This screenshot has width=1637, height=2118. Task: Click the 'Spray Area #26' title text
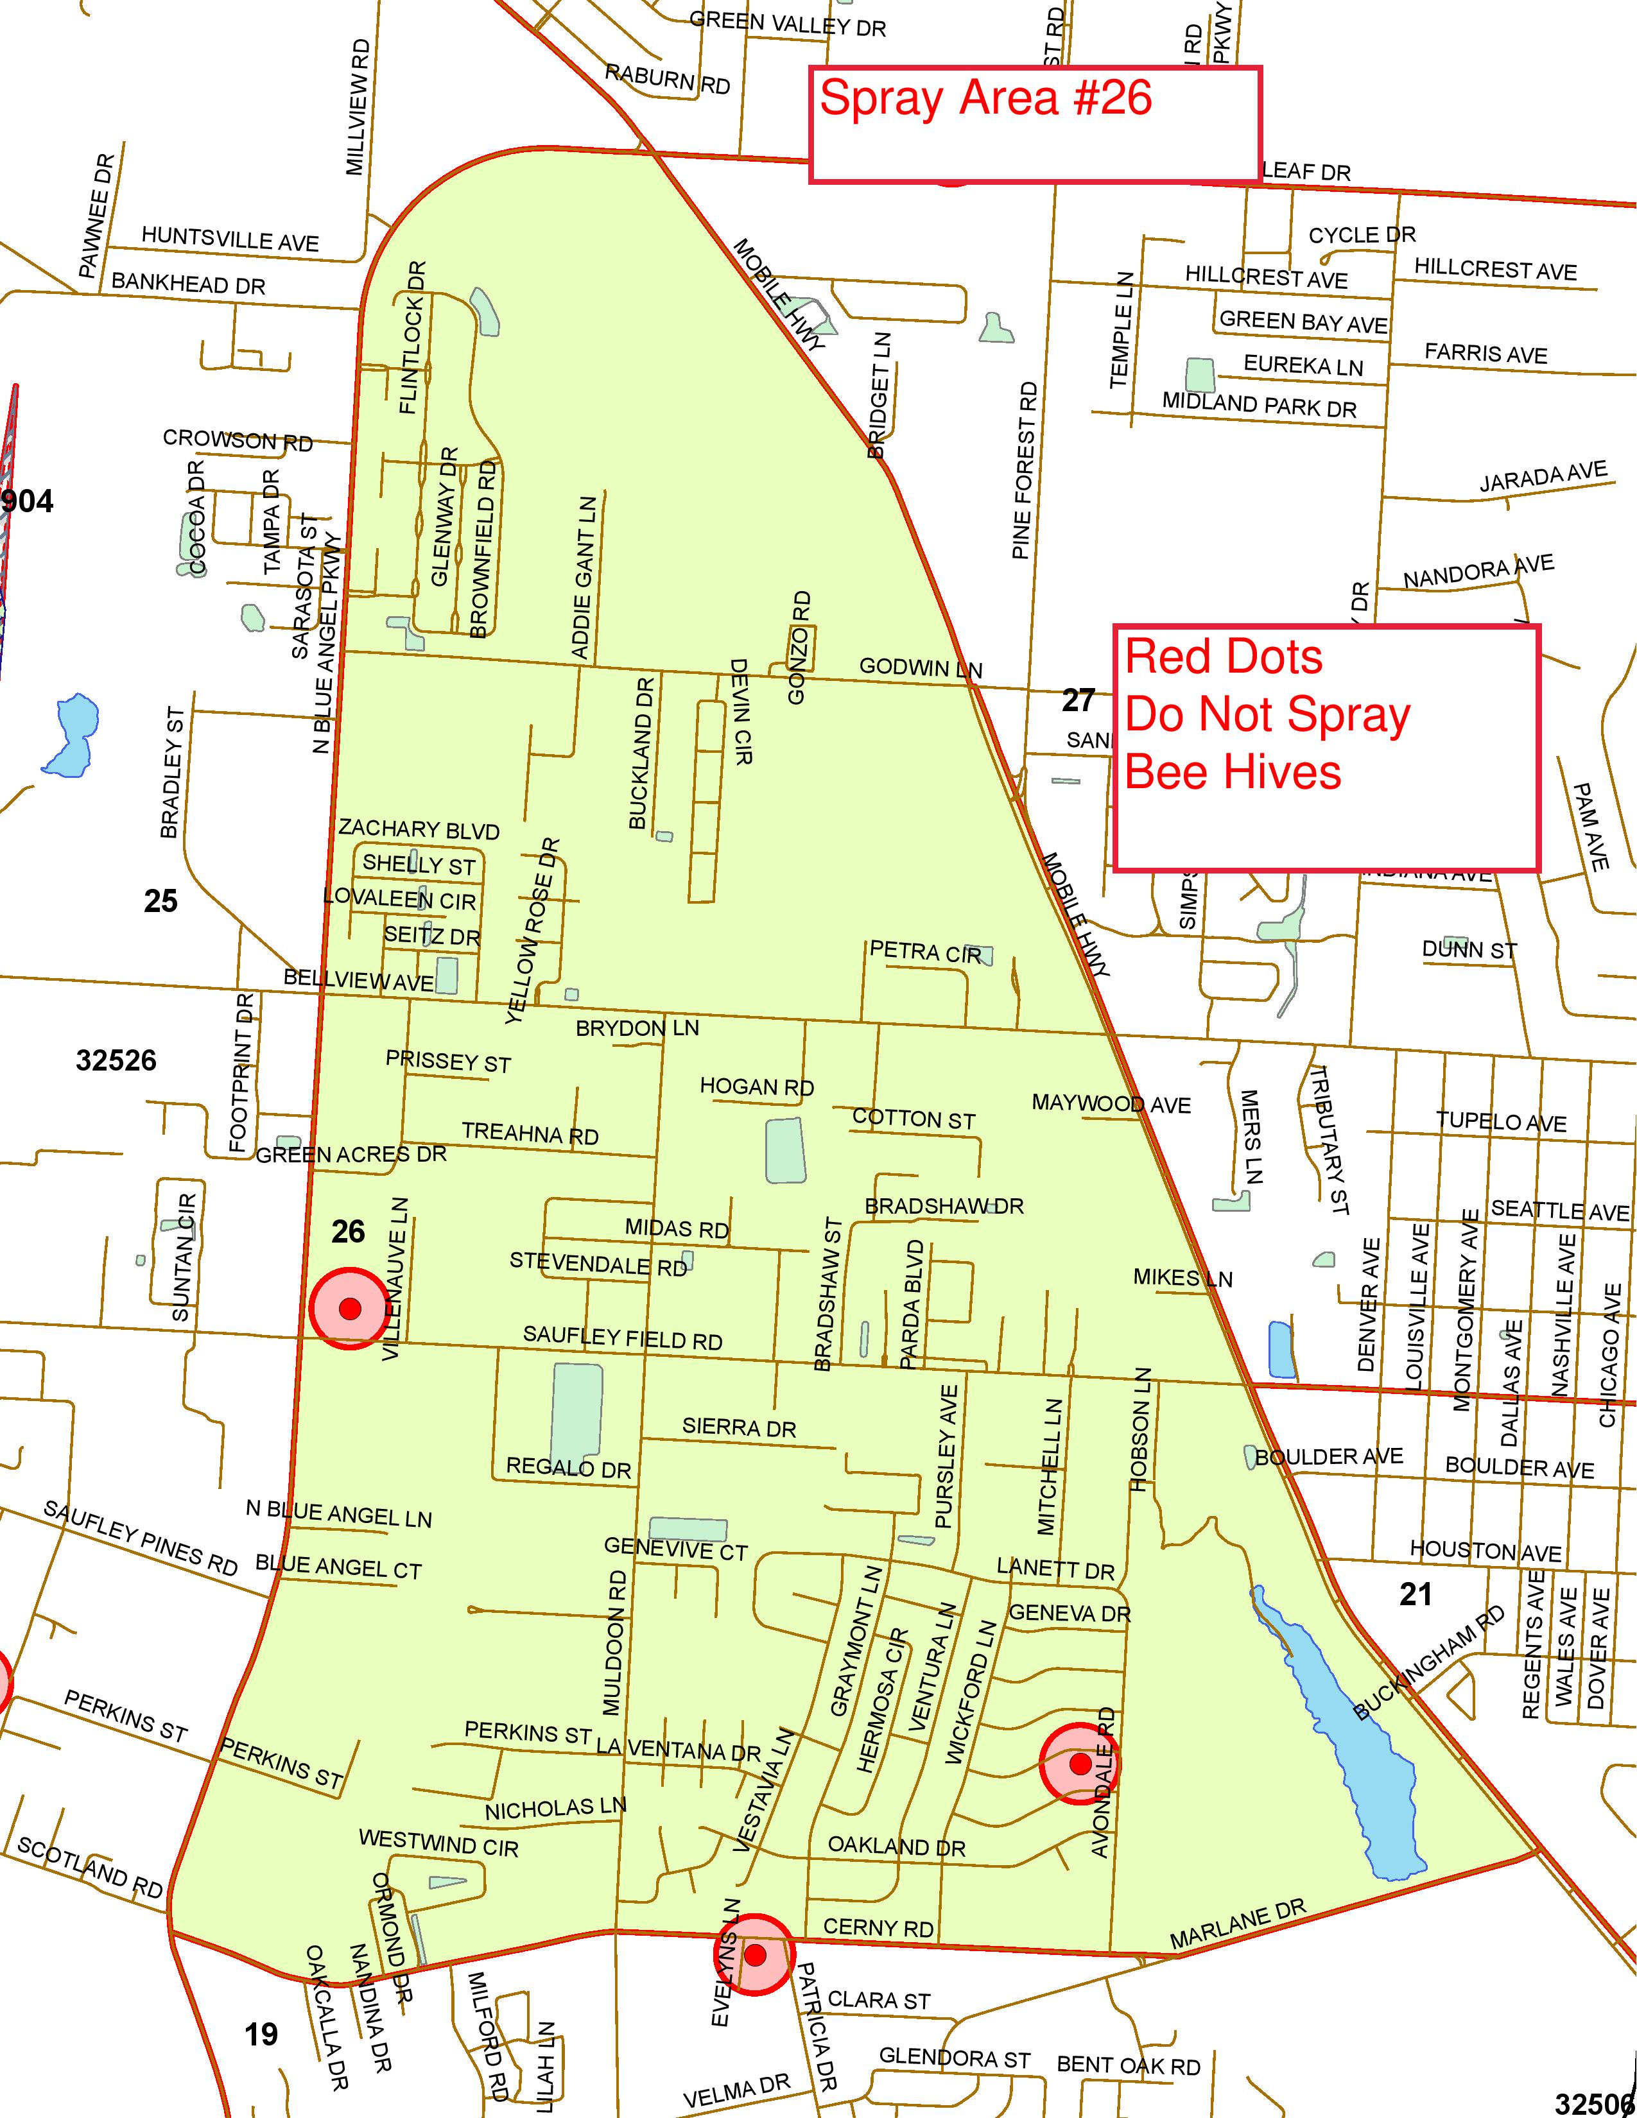(985, 99)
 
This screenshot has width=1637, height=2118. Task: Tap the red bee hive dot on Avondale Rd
(1079, 1764)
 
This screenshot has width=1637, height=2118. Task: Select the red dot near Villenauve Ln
(350, 1308)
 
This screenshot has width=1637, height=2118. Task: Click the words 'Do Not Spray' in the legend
(1267, 716)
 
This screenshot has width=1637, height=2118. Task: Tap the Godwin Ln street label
(921, 668)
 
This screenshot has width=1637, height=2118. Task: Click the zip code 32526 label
(116, 1061)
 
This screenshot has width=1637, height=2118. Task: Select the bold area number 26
(348, 1232)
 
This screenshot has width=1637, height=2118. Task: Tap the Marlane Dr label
(1238, 1925)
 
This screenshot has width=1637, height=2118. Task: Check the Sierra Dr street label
(739, 1427)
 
